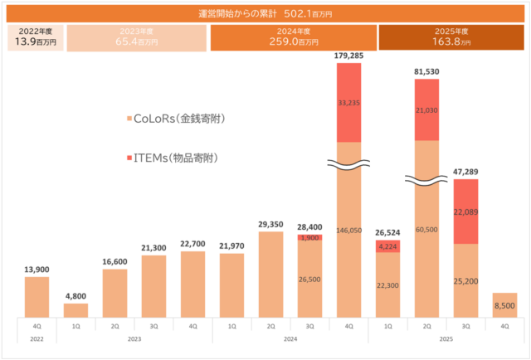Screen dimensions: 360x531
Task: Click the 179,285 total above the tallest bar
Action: point(348,56)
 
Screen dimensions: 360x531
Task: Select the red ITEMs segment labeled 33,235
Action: point(348,103)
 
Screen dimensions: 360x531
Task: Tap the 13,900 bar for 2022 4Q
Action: point(37,296)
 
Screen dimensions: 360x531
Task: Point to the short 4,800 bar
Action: point(76,309)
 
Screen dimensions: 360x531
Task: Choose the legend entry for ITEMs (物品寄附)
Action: point(170,157)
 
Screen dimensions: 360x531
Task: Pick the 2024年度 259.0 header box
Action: point(293,38)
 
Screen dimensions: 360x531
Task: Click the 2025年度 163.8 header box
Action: point(453,38)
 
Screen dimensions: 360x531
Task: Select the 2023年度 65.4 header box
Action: point(137,38)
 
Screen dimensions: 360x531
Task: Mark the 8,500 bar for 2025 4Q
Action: point(504,304)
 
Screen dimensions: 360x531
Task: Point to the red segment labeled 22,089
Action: point(465,212)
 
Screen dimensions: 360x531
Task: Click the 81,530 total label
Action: point(426,72)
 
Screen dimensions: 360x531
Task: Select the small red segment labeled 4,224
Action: point(387,246)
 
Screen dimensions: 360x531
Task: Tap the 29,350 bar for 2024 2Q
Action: point(270,274)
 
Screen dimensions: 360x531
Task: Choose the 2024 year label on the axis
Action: point(290,338)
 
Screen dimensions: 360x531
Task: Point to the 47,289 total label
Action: point(465,172)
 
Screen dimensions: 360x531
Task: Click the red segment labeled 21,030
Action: point(426,109)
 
